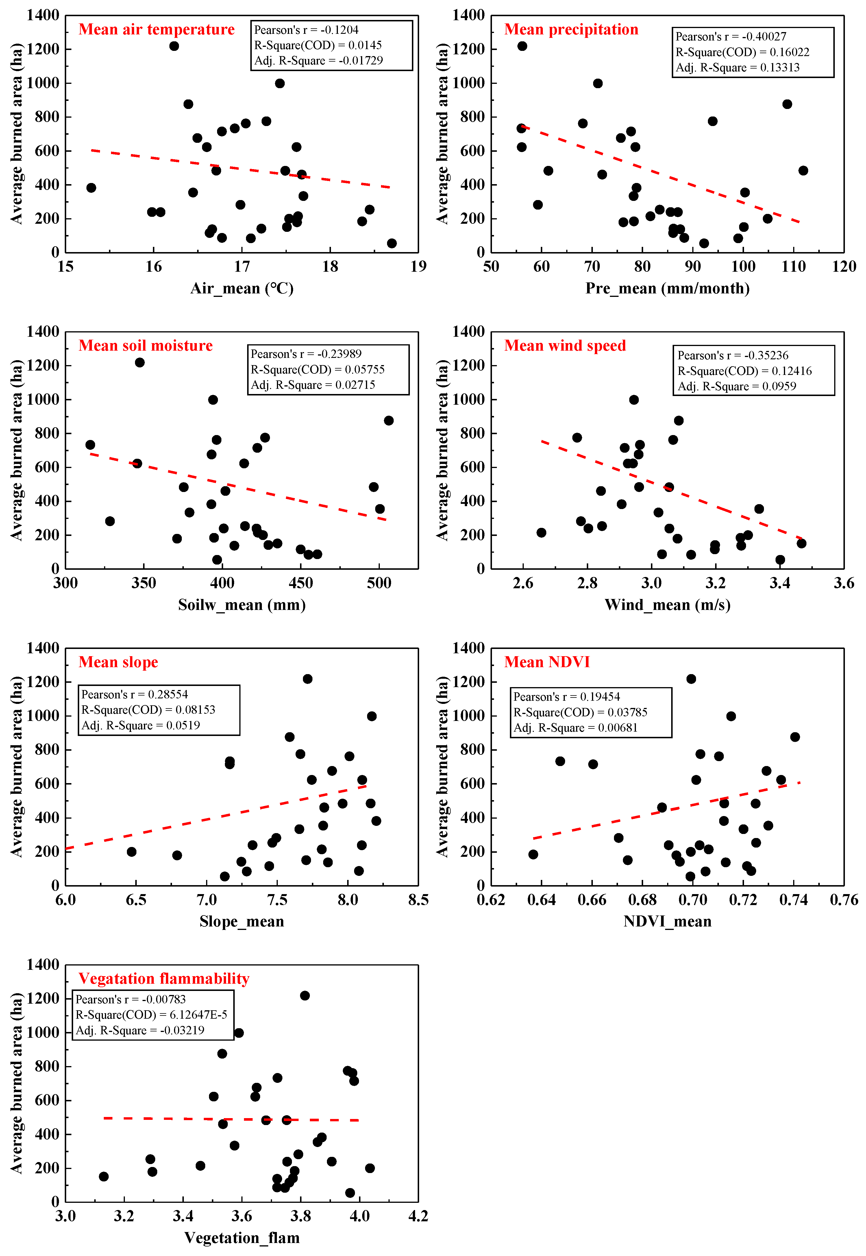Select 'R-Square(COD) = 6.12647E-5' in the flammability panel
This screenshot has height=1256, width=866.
pyautogui.click(x=151, y=1015)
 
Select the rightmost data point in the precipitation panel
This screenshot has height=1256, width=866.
pyautogui.click(x=803, y=170)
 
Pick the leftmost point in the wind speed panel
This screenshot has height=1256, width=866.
pyautogui.click(x=541, y=533)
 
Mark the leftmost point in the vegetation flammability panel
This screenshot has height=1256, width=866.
pyautogui.click(x=104, y=1176)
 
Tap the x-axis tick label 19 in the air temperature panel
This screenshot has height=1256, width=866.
pyautogui.click(x=418, y=267)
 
